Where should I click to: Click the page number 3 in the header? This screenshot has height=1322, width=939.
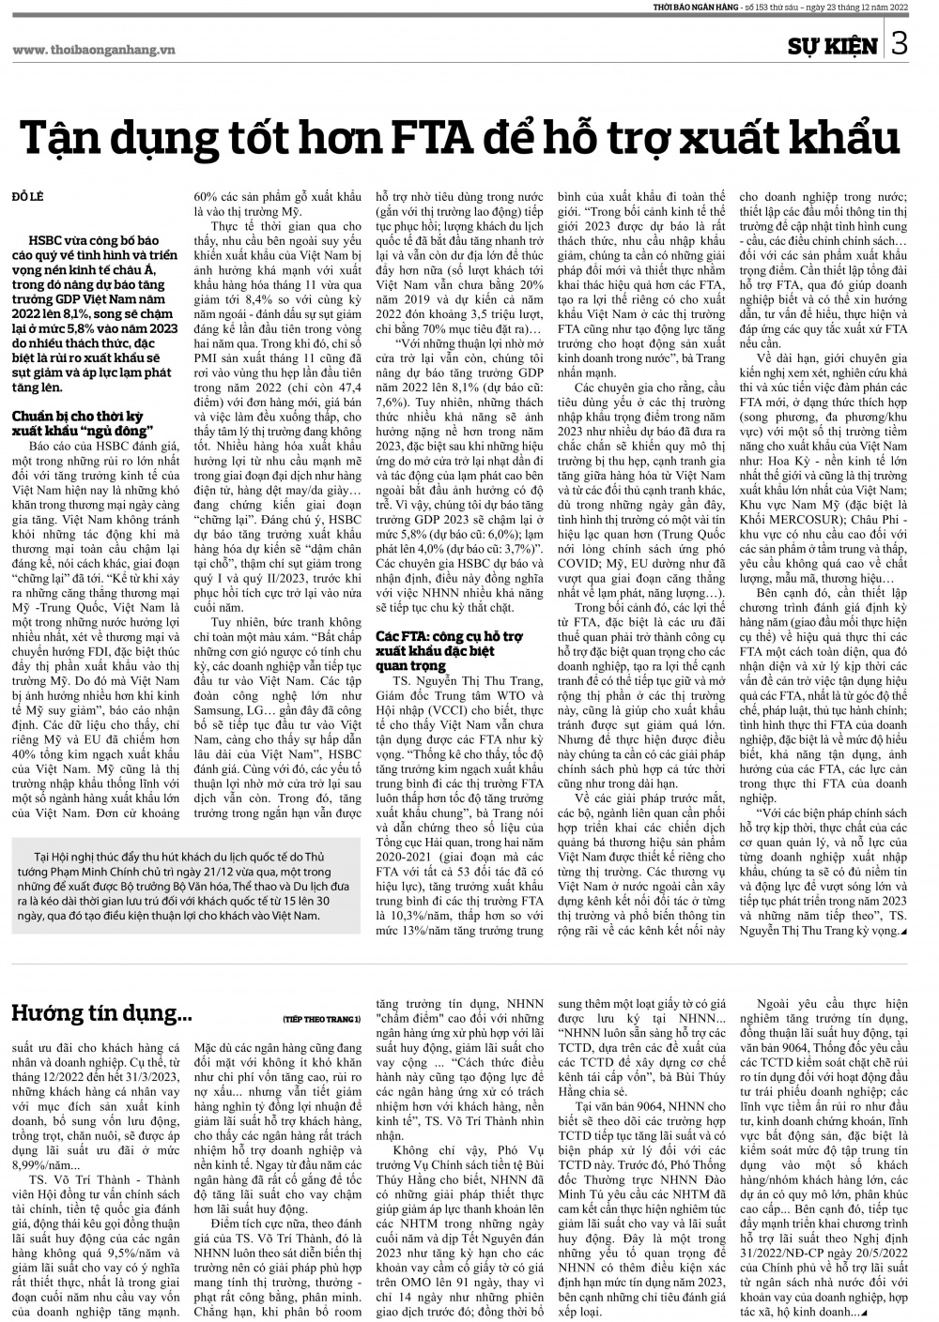[901, 44]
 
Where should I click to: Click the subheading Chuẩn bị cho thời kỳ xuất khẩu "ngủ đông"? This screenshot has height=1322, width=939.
[82, 421]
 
